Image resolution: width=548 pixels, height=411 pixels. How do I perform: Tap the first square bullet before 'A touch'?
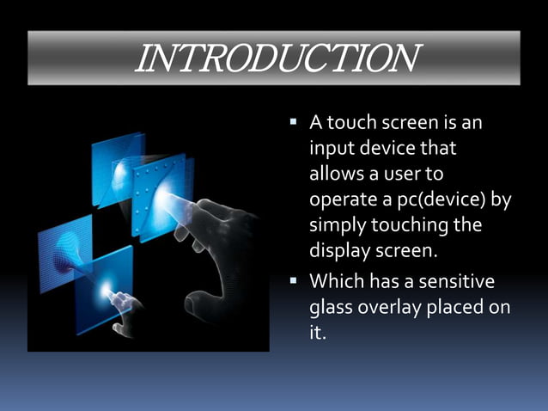[x=293, y=124]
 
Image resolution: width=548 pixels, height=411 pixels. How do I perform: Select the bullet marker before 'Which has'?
[x=293, y=281]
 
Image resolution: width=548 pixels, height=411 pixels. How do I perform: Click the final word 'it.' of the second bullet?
[x=318, y=333]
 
